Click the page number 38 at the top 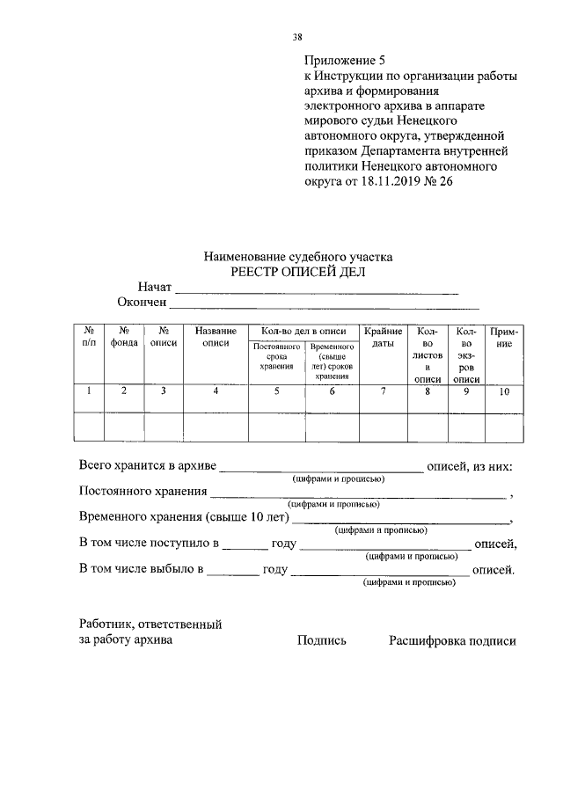(297, 37)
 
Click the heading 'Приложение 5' (345, 61)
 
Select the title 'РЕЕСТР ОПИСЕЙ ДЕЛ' (297, 272)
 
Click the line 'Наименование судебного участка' (297, 257)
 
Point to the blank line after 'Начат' (317, 288)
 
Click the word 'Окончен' (142, 303)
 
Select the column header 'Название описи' (216, 337)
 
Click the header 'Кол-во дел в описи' (298, 331)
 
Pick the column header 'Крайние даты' (383, 337)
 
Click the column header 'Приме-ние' (503, 337)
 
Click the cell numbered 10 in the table (503, 392)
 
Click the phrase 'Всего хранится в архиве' (147, 465)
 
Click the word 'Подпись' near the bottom (322, 641)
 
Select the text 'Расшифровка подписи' (452, 641)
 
